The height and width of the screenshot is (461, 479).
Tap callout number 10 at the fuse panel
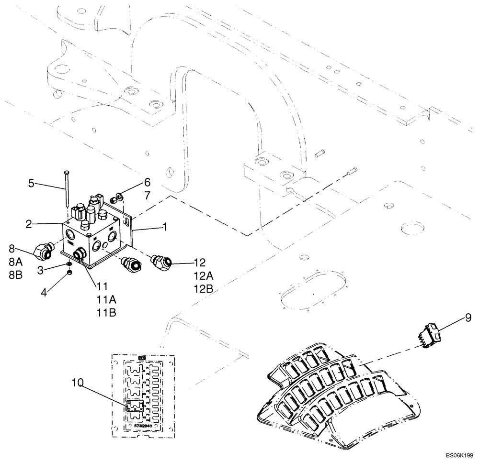pos(78,383)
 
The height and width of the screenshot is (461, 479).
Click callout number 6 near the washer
pos(147,182)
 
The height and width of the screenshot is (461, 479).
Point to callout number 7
pos(147,196)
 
